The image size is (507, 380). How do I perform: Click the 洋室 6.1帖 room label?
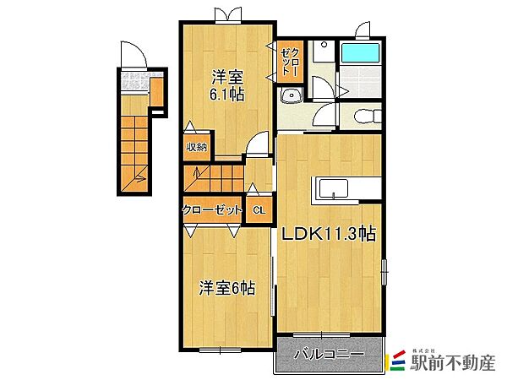coord(226,85)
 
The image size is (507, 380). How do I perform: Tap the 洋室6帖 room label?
coord(226,288)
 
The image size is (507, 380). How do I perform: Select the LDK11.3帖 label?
coord(329,233)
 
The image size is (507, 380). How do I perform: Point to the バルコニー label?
coord(329,355)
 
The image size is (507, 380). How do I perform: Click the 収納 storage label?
coord(196,147)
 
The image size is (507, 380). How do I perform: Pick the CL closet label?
coord(259,210)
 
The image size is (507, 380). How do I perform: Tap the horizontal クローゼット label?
coord(212,210)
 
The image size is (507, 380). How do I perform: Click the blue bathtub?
coord(360,53)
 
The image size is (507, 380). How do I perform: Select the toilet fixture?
coord(368,116)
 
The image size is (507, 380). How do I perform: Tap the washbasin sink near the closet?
coord(292,95)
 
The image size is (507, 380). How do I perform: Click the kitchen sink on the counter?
coord(334,189)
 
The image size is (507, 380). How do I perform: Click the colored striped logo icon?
coord(397,361)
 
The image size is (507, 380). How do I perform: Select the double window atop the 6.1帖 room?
coord(228,15)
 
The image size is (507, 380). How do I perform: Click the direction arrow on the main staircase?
coord(196,173)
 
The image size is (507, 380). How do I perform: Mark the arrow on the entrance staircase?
coord(140,177)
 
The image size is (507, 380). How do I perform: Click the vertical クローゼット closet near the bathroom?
coord(290,62)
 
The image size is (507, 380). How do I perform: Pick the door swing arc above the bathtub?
coord(363,30)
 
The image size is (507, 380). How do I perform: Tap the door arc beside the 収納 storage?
coord(258,142)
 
